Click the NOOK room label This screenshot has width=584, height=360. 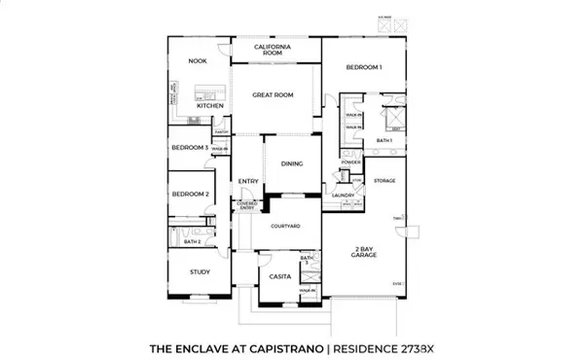click(x=199, y=60)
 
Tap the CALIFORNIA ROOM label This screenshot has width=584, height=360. click(x=275, y=51)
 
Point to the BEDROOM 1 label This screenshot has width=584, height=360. click(x=364, y=66)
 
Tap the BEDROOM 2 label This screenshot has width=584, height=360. click(x=190, y=195)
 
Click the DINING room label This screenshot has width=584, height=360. click(x=291, y=163)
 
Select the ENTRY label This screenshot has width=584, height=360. click(x=248, y=181)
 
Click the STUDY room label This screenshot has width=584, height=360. click(x=201, y=272)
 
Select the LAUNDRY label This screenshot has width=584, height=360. click(x=342, y=196)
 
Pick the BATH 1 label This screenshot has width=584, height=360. click(x=383, y=140)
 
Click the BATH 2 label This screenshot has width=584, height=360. click(x=192, y=241)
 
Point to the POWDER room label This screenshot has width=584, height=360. click(x=351, y=162)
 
